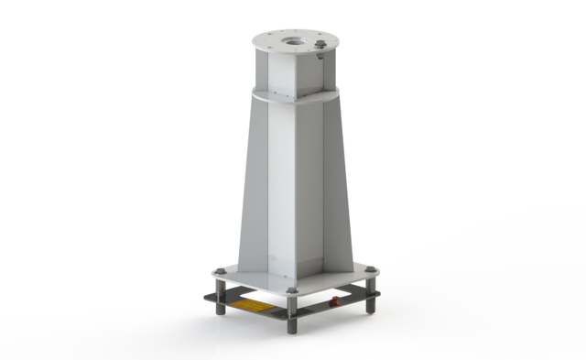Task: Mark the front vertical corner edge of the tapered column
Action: (x=292, y=183)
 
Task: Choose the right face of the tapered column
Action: (x=320, y=183)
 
